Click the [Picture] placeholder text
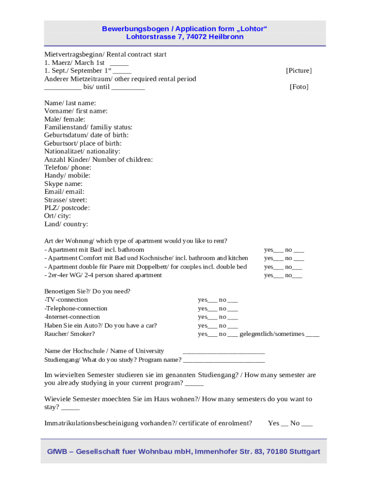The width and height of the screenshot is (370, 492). point(298,71)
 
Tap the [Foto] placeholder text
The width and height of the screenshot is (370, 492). point(299,87)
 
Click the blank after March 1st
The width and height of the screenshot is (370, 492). point(119,63)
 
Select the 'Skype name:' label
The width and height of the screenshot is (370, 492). point(63,184)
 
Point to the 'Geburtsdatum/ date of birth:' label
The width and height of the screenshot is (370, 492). point(86,135)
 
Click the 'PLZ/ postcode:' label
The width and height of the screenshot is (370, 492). point(67,208)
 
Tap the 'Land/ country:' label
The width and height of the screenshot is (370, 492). point(66,224)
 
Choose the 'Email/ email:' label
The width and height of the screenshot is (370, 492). point(64,192)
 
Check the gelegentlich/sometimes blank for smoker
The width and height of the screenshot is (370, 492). point(312,335)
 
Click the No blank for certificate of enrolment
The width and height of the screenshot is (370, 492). point(308,424)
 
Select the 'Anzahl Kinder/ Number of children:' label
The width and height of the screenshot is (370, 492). point(99,160)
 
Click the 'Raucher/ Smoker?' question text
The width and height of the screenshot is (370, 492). point(70,333)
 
